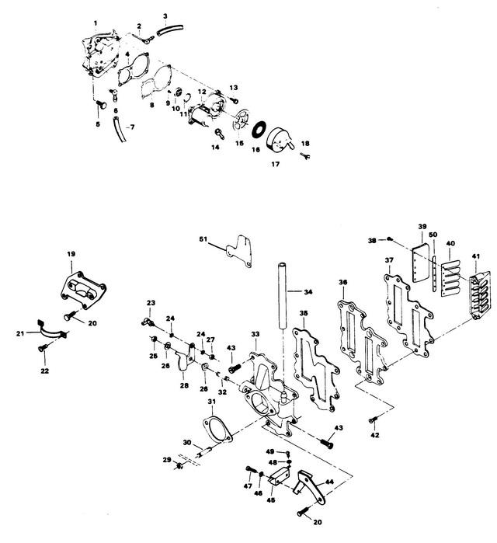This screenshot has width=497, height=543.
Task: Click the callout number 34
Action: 309,292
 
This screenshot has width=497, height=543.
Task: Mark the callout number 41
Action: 475,257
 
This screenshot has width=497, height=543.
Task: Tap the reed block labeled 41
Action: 473,287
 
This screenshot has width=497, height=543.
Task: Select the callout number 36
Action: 344,281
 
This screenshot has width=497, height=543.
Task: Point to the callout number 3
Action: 165,16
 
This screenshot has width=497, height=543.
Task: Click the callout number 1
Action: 96,23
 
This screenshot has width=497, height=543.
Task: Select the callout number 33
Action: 255,333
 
